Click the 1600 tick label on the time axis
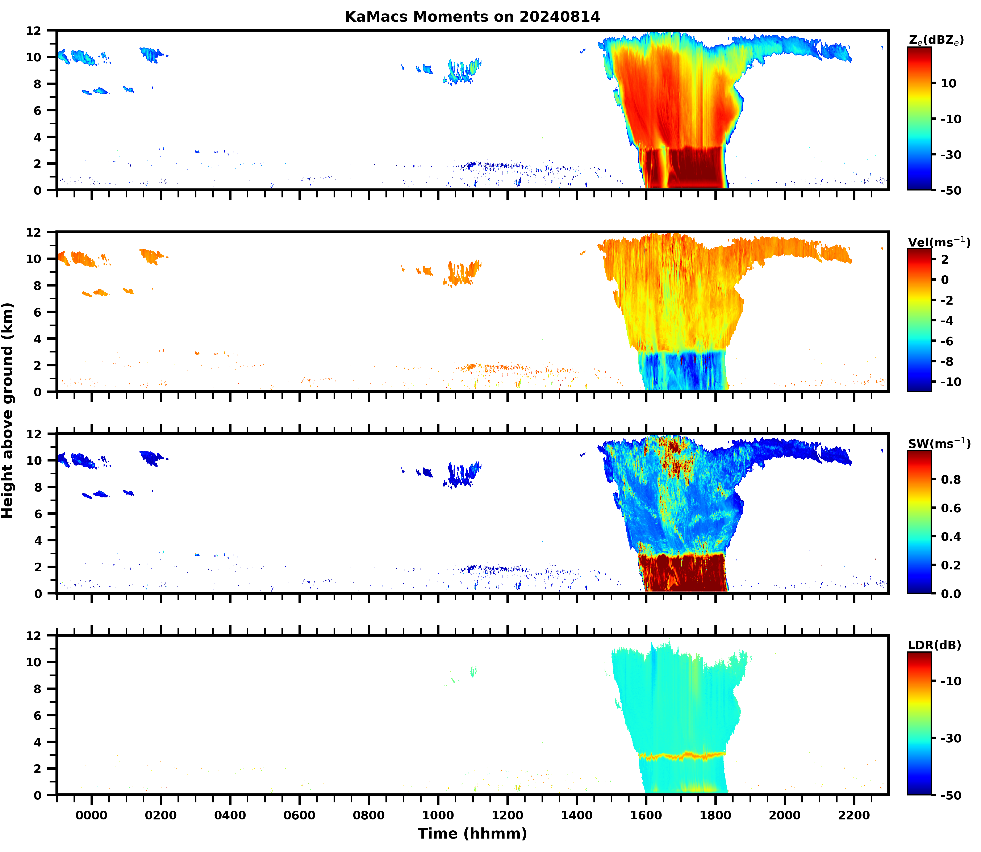(x=646, y=815)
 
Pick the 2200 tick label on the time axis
(x=854, y=815)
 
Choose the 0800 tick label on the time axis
(x=368, y=815)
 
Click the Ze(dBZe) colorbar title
(x=936, y=40)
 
